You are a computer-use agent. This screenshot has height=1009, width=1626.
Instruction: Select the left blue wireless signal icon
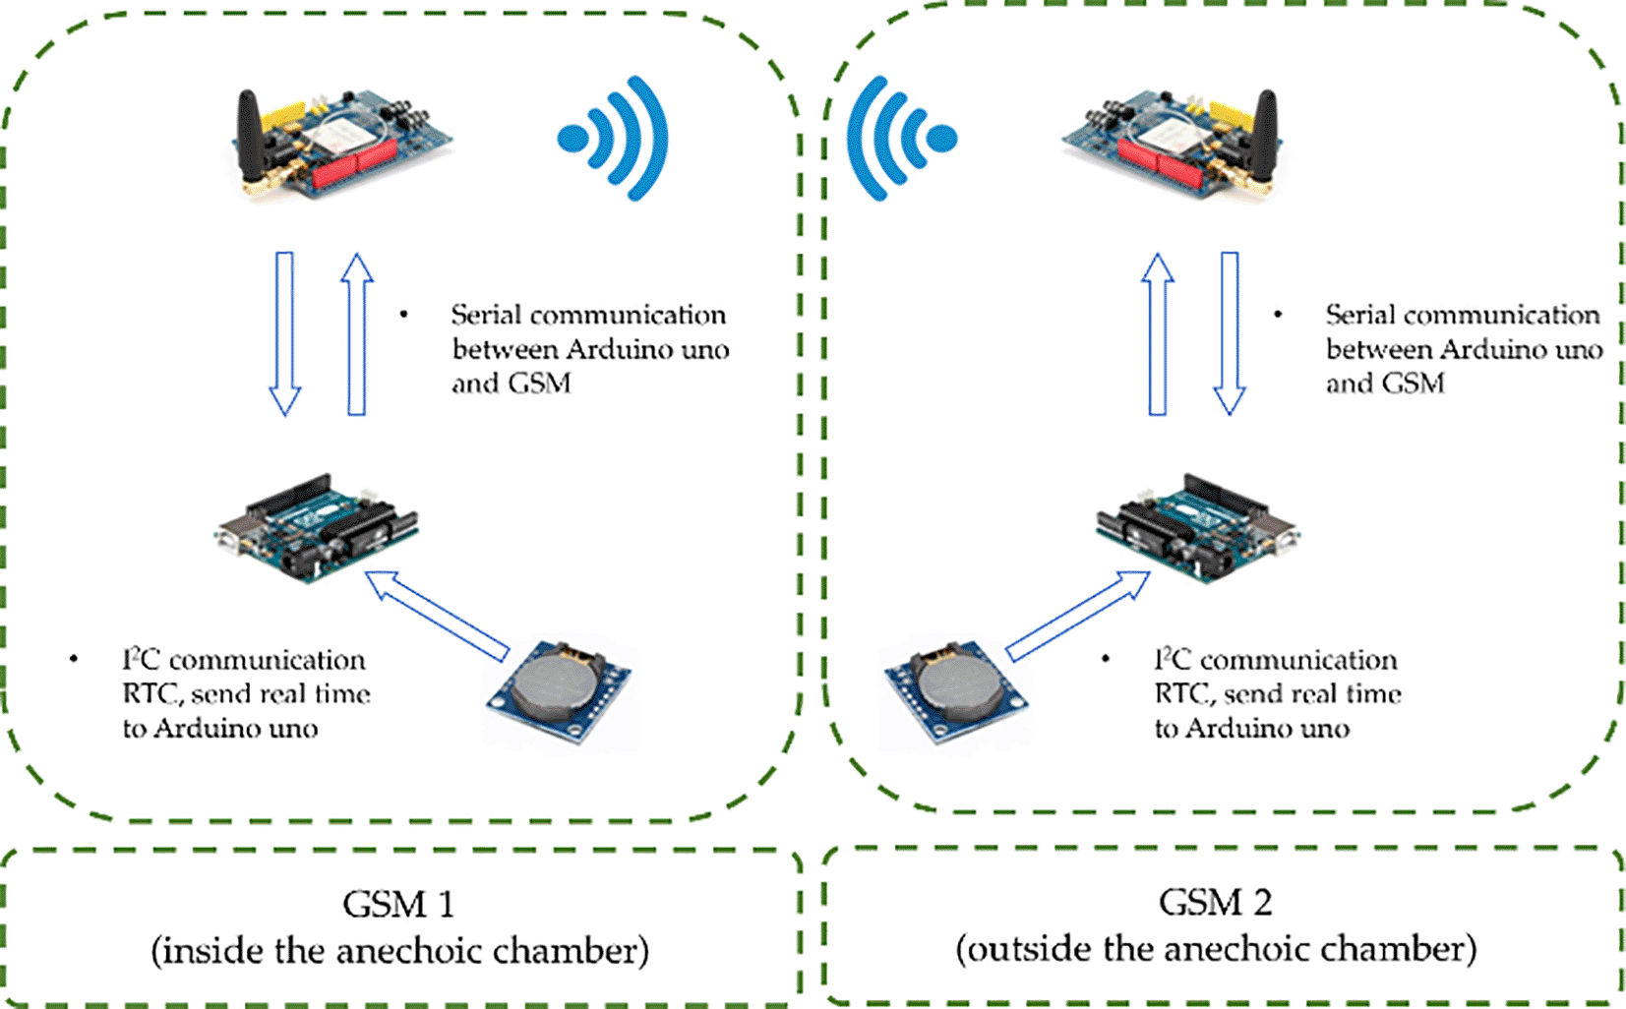[x=615, y=139]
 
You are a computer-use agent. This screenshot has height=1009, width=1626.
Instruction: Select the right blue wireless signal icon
[x=900, y=139]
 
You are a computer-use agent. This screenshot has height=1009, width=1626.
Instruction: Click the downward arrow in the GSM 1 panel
[x=285, y=333]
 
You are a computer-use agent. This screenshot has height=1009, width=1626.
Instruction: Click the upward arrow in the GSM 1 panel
[x=357, y=333]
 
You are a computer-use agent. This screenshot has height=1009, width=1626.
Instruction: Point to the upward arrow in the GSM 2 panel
[x=1158, y=333]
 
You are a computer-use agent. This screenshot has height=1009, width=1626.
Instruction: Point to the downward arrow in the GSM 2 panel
[x=1230, y=333]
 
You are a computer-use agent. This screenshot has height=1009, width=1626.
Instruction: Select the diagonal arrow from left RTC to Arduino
[x=438, y=615]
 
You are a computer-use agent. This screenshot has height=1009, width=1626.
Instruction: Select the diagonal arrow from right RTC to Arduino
[x=1078, y=615]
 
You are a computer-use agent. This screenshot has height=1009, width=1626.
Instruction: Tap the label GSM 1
[x=398, y=904]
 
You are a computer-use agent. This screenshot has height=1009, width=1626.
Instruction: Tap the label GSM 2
[x=1215, y=902]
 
